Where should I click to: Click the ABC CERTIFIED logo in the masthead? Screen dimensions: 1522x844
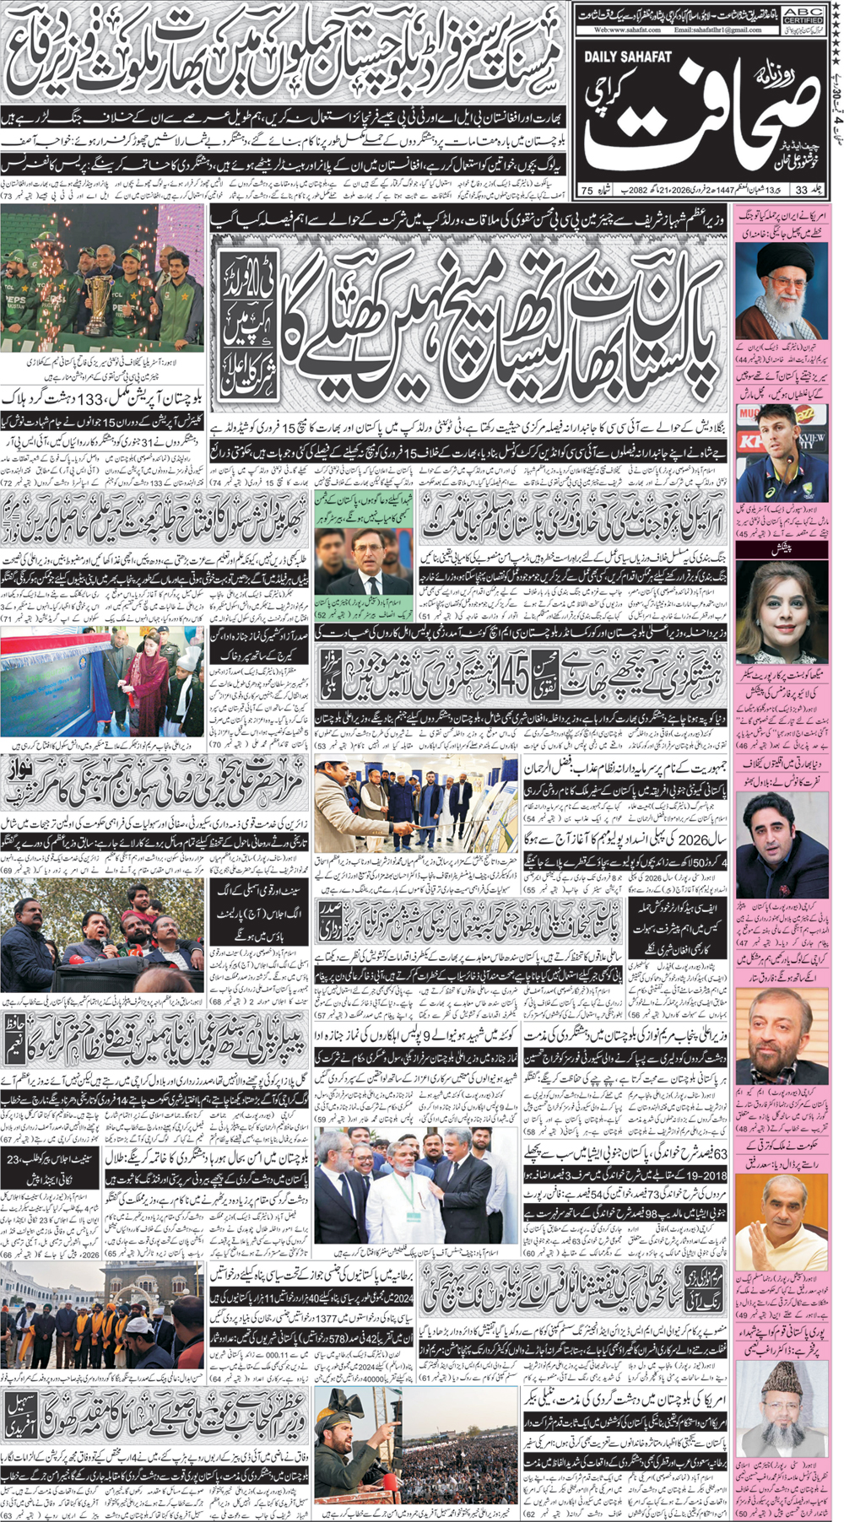click(x=803, y=13)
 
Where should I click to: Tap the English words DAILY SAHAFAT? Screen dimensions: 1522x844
click(x=627, y=57)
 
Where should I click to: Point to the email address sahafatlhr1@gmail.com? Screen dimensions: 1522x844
click(x=717, y=30)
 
